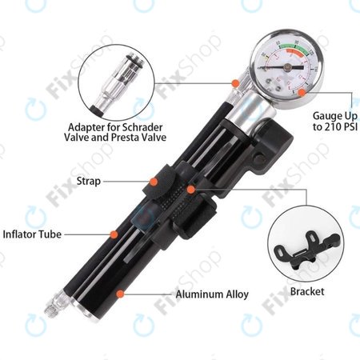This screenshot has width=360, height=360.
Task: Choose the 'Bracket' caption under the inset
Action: (x=307, y=290)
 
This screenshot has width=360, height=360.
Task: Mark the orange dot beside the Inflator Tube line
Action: (x=114, y=234)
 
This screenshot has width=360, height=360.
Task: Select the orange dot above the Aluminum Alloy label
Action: (x=121, y=294)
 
